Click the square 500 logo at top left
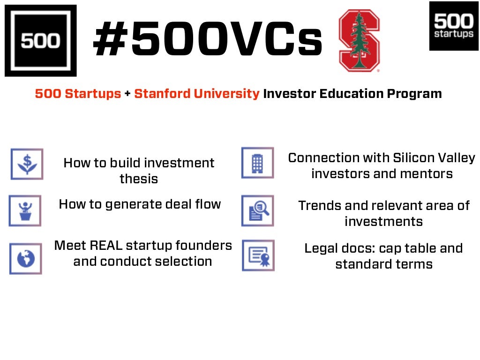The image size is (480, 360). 40,40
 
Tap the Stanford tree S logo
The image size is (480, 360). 359,41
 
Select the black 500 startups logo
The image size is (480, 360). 453,26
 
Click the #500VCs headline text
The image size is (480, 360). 208,41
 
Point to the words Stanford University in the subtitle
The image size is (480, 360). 196,94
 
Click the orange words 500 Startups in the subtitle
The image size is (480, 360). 78,94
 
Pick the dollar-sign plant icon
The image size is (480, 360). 27,164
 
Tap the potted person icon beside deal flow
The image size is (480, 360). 25,210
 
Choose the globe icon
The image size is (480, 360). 25,258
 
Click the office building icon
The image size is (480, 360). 257,163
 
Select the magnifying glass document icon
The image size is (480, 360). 257,210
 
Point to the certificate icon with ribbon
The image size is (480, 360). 258,255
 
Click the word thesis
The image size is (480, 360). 139,179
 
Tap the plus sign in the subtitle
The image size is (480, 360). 127,94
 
